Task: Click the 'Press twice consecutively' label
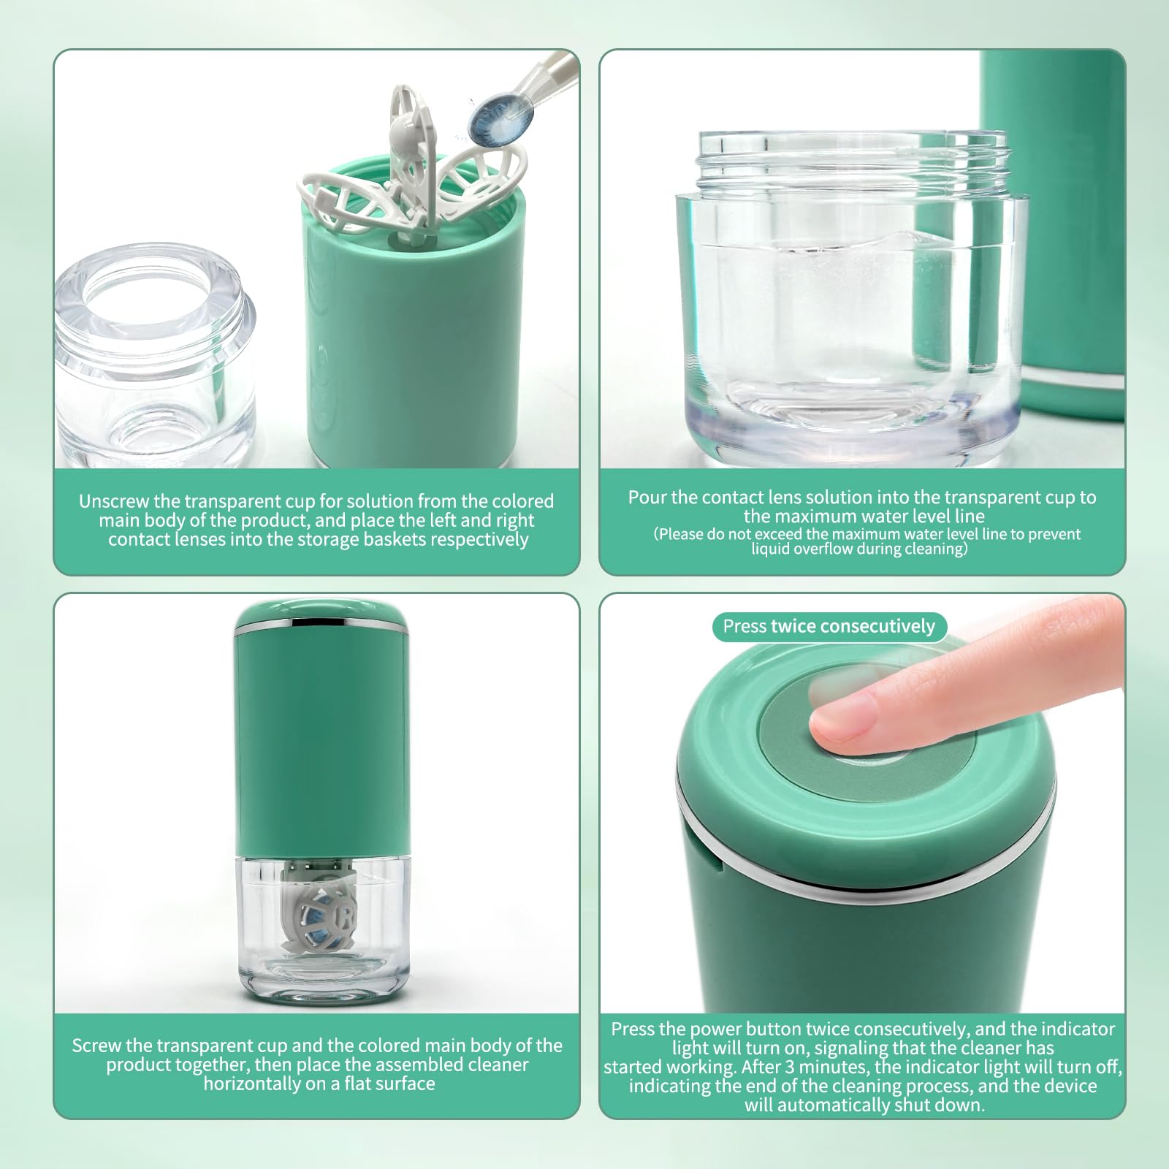[829, 627]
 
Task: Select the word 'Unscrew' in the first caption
[114, 502]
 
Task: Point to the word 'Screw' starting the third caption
[96, 1046]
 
